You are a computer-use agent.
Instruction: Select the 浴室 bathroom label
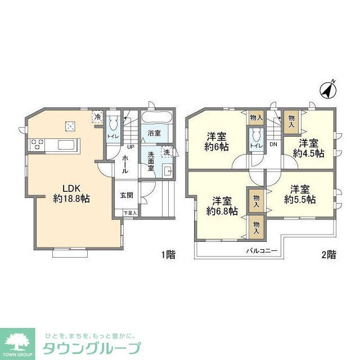coord(154,133)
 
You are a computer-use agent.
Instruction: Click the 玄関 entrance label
coord(126,196)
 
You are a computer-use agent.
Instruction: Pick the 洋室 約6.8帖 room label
coord(222,205)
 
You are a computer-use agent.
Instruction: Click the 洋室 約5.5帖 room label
coord(299,193)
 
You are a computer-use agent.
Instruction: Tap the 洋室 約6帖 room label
coord(217,141)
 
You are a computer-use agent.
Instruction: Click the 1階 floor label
coord(168,255)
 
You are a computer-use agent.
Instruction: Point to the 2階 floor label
coord(328,255)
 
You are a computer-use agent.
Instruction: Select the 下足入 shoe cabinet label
coord(130,213)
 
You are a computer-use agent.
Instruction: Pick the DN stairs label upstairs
coord(273,145)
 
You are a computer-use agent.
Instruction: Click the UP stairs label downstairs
coord(130,147)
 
